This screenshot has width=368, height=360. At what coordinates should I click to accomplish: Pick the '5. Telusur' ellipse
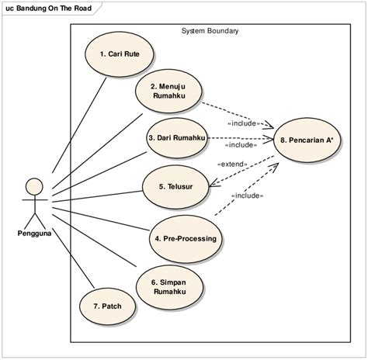(176, 186)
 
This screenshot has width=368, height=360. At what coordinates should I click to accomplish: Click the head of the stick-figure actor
(33, 186)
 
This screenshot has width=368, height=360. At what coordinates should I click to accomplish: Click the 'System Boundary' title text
(210, 32)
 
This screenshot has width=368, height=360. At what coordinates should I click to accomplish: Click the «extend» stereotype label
(232, 164)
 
